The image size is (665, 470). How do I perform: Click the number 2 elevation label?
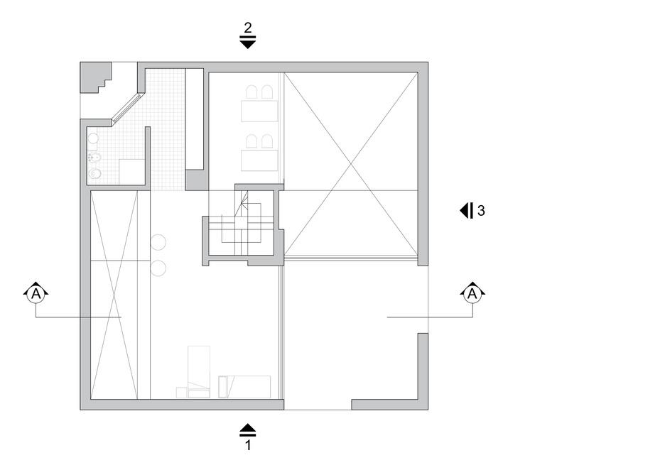point(247,28)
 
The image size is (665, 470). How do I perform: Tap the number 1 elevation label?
point(247,447)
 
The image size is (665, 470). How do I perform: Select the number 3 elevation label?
point(481,211)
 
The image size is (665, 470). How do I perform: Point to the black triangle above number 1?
point(247,428)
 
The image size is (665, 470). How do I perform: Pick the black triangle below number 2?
point(247,43)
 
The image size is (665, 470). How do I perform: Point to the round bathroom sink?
point(93,138)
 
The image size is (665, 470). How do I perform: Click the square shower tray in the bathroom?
point(131,173)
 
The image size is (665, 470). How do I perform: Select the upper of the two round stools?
point(158,242)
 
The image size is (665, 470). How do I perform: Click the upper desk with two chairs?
point(259,111)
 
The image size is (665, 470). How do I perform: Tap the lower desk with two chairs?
point(259,159)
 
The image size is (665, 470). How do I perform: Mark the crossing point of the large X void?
point(350,165)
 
